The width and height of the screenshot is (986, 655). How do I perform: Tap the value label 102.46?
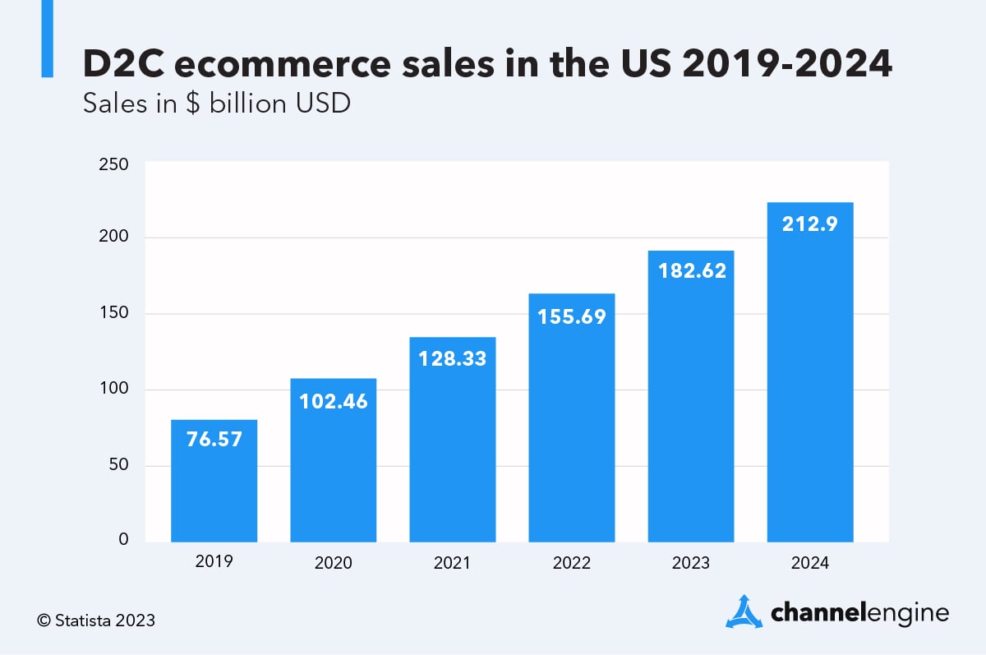pyautogui.click(x=334, y=402)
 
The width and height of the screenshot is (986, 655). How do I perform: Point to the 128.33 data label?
pyautogui.click(x=453, y=359)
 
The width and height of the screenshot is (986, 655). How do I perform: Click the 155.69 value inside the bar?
pyautogui.click(x=572, y=316)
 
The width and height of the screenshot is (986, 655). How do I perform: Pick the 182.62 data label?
pyautogui.click(x=691, y=270)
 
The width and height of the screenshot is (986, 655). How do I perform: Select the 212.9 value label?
pyautogui.click(x=809, y=224)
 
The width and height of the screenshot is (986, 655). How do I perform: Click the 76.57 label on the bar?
pyautogui.click(x=214, y=440)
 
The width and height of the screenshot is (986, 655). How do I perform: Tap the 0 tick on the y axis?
pyautogui.click(x=123, y=540)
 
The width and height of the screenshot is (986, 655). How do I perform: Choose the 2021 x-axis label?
pyautogui.click(x=453, y=564)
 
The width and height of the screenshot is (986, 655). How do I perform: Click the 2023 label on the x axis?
pyautogui.click(x=691, y=564)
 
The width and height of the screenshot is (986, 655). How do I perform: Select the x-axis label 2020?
pyautogui.click(x=334, y=564)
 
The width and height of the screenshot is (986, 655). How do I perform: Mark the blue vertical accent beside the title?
pyautogui.click(x=47, y=39)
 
